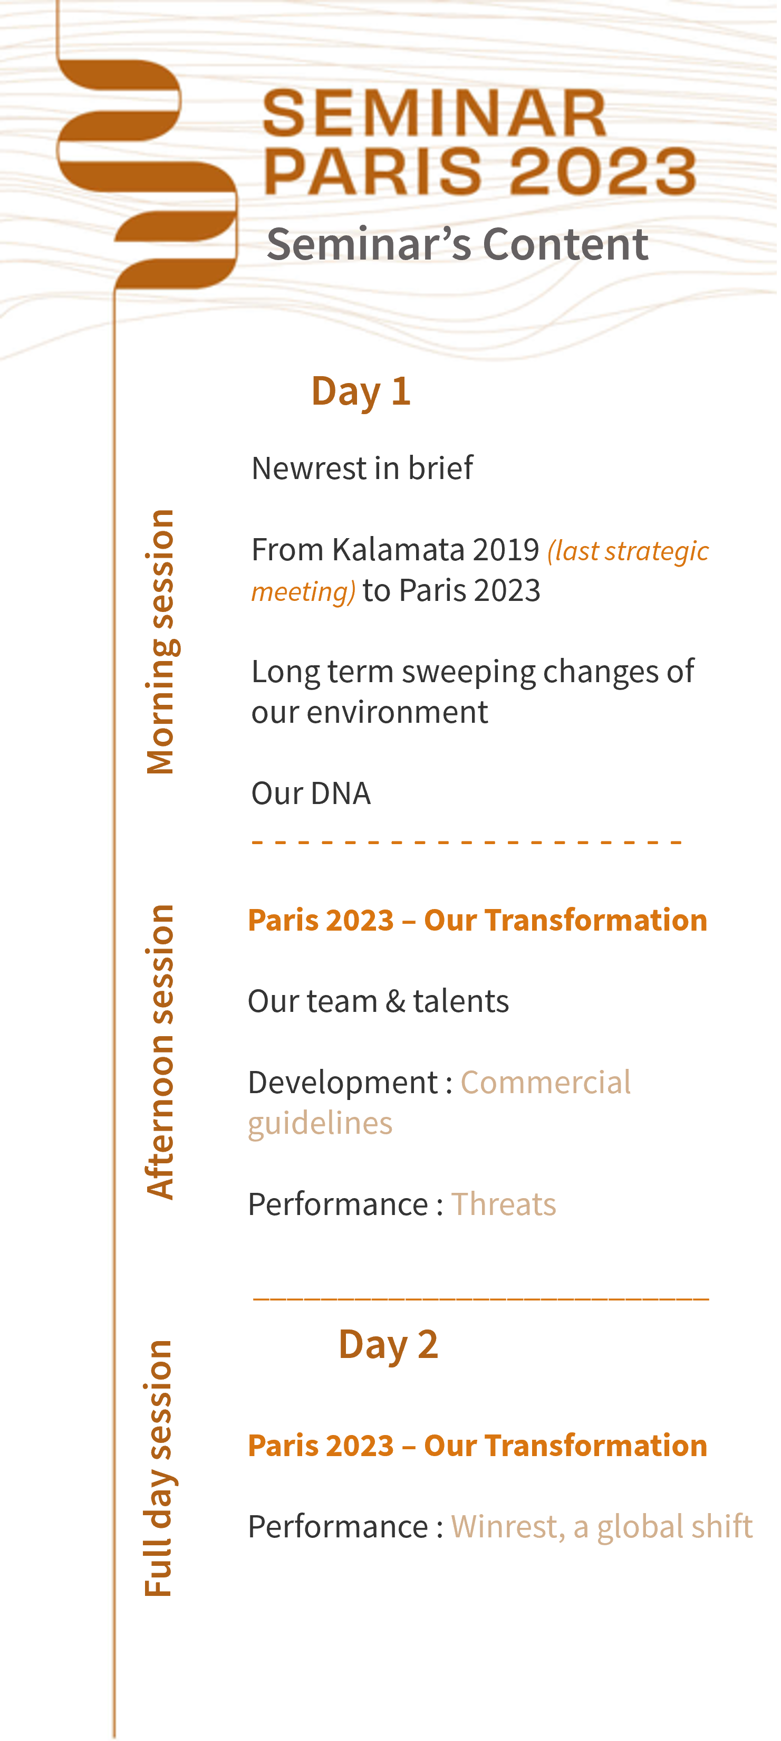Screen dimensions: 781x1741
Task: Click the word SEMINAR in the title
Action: click(x=436, y=113)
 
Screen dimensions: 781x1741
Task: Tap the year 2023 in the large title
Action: click(x=603, y=171)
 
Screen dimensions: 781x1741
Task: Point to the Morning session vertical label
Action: click(x=161, y=643)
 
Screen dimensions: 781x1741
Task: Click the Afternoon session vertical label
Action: click(x=161, y=1053)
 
